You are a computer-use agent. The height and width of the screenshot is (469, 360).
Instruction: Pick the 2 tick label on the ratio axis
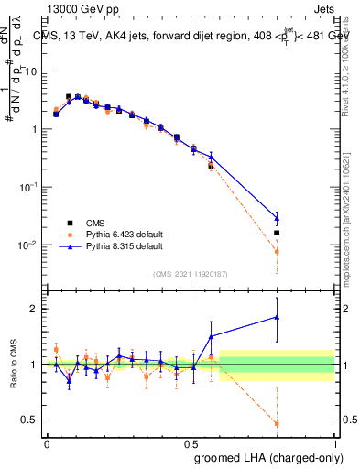(35, 309)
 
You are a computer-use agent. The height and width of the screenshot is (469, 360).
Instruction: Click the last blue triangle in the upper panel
(277, 218)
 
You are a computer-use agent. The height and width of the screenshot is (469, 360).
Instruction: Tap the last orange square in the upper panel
(277, 251)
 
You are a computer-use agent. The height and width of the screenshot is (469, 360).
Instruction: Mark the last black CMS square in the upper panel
(277, 233)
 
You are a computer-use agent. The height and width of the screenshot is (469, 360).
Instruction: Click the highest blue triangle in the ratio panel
(277, 317)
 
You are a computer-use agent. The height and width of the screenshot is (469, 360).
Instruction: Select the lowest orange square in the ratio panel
(277, 423)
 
